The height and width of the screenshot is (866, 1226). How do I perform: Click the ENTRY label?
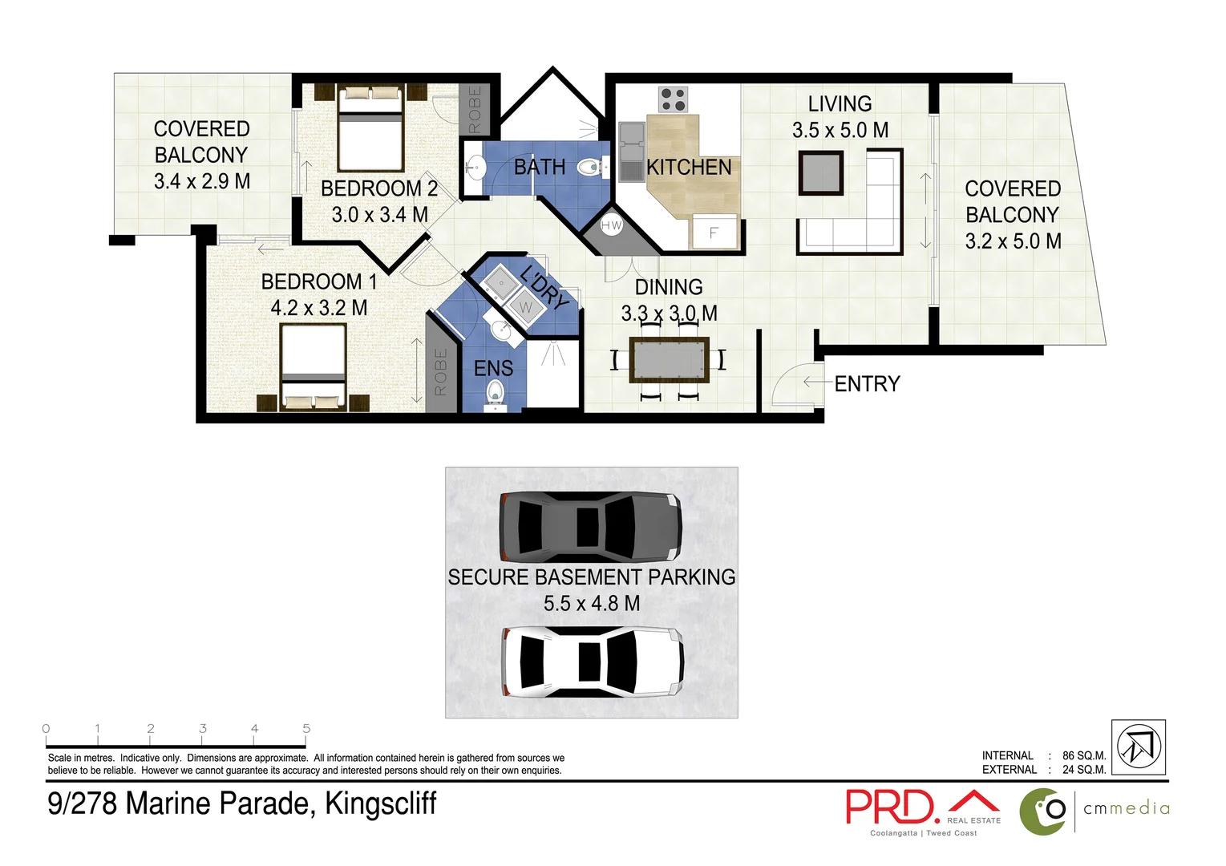tap(867, 384)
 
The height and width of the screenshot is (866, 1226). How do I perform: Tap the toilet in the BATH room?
tap(590, 168)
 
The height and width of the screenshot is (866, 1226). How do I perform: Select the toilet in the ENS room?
tap(495, 391)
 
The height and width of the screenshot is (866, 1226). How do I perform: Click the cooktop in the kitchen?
tap(673, 99)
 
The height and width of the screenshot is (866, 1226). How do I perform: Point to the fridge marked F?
tap(713, 233)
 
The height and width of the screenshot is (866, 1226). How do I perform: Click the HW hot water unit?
tap(611, 225)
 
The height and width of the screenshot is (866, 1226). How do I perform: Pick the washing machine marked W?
tap(525, 307)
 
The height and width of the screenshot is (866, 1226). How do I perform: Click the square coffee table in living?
tap(820, 172)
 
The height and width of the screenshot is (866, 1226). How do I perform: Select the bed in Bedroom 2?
tap(370, 130)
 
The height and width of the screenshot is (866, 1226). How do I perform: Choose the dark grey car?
tap(590, 527)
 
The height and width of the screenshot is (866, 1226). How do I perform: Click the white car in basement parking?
tap(592, 662)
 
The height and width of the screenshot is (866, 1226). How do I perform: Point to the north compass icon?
tap(1138, 747)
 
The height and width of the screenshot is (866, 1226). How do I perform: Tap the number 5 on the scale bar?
tap(306, 728)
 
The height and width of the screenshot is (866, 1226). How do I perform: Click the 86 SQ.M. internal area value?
tap(1084, 755)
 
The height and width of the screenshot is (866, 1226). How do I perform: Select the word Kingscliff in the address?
tap(380, 803)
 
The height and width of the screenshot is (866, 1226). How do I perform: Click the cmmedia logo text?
tap(1126, 808)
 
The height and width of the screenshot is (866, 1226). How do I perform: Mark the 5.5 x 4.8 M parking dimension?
tap(592, 604)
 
